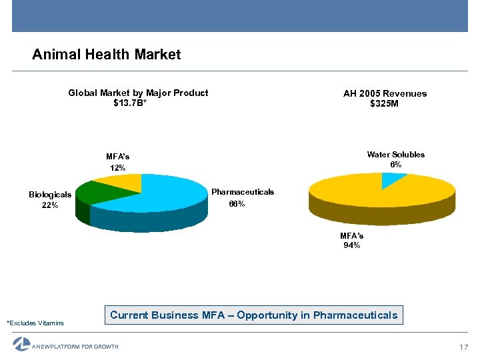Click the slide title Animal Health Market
pos(106,55)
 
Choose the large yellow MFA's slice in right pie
pos(373,193)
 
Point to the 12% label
pos(117,168)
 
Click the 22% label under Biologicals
pos(50,205)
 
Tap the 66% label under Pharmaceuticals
pos(237,203)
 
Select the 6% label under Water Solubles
pos(395,165)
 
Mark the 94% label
pos(351,245)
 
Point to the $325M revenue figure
pos(384,103)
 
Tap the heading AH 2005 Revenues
pos(385,93)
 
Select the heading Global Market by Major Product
pos(138,93)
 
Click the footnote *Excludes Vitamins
pos(35,323)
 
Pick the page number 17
pos(465,347)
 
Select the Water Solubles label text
pos(395,155)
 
